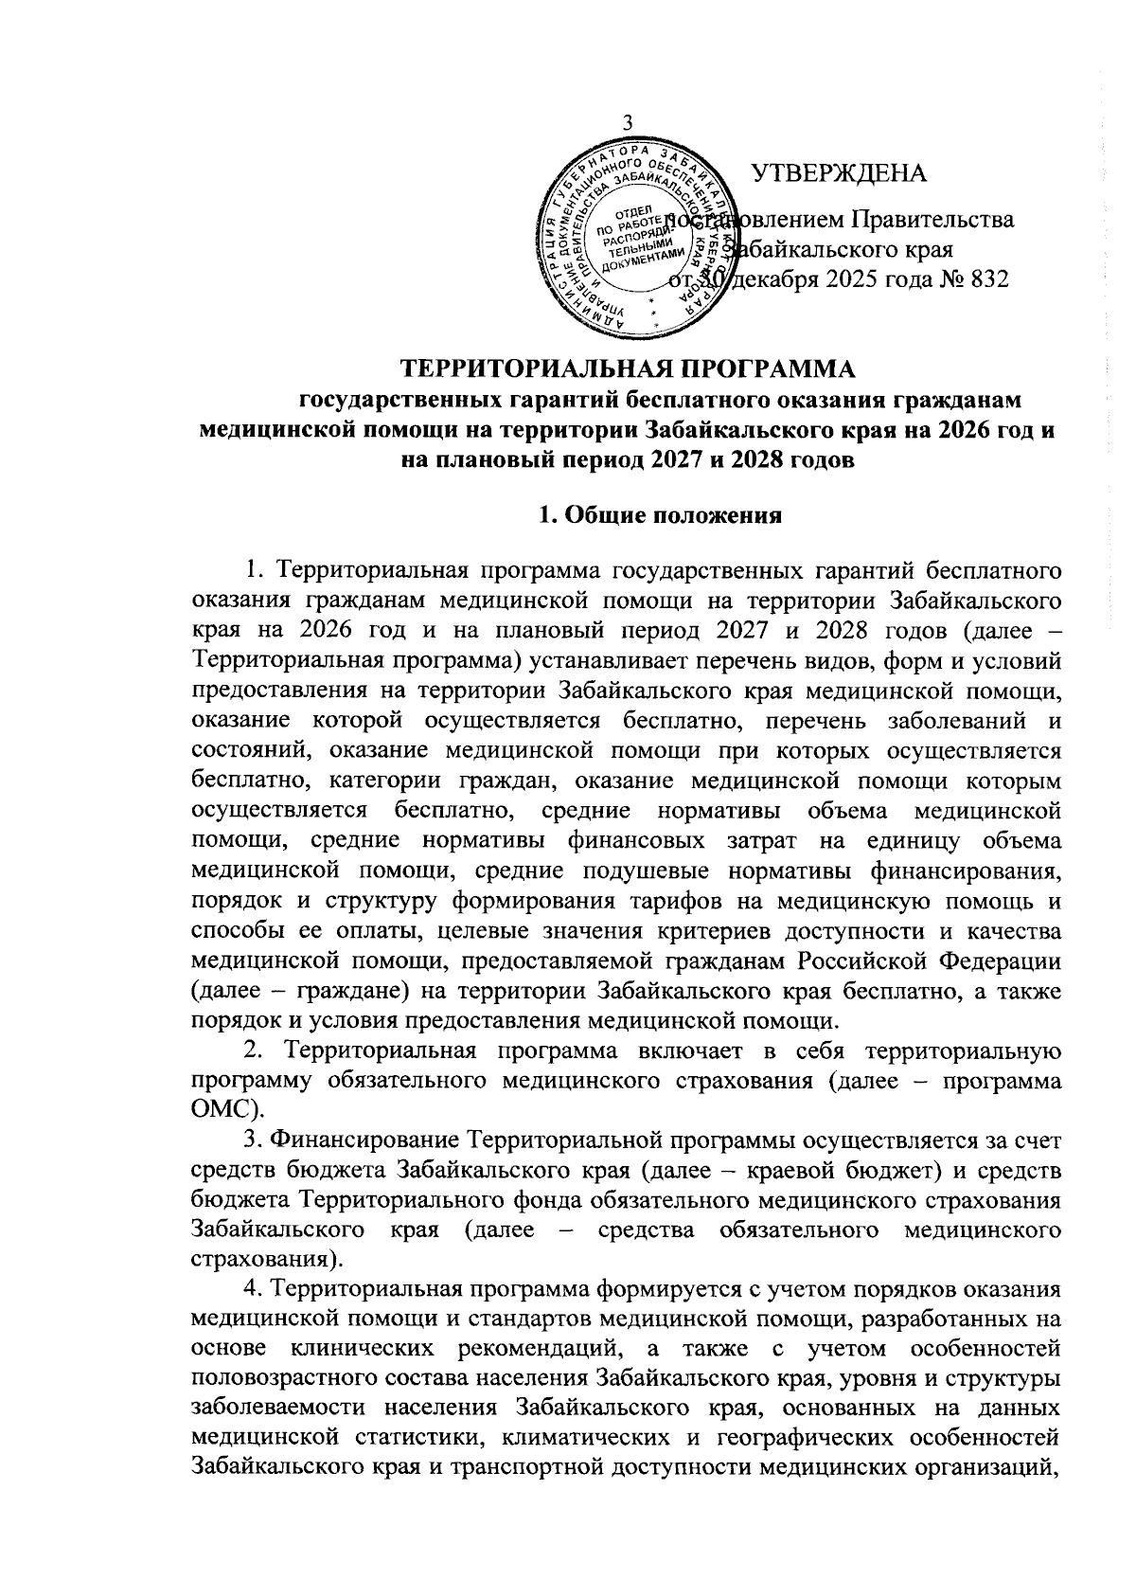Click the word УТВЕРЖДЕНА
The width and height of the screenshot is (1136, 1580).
839,173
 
